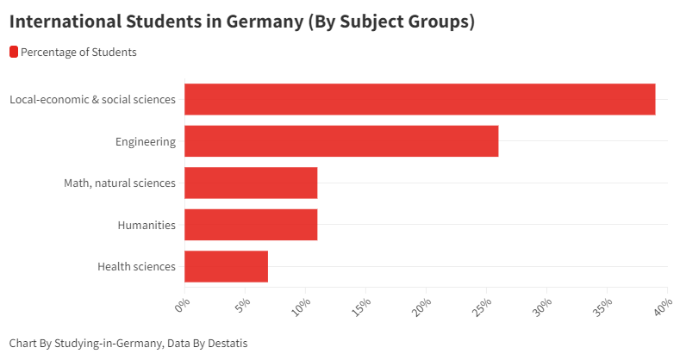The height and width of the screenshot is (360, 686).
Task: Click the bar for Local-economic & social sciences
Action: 420,99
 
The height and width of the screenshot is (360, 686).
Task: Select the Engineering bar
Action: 341,141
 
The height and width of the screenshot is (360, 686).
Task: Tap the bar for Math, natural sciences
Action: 251,183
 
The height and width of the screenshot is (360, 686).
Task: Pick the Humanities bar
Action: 251,225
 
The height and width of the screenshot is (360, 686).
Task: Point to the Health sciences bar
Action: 226,266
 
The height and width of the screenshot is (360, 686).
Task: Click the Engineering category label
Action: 146,141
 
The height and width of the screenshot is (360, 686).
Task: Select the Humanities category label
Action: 147,225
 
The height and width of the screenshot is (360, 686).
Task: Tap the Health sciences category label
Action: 137,267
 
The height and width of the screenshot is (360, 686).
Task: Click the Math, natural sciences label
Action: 120,183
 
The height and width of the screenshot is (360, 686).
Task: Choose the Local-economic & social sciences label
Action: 93,100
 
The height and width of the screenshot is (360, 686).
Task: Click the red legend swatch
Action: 14,52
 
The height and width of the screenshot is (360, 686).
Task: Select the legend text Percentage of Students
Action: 78,52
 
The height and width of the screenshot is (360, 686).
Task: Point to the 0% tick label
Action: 182,305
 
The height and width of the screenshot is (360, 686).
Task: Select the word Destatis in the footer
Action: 225,343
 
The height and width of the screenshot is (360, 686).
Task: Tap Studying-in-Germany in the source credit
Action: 109,343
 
